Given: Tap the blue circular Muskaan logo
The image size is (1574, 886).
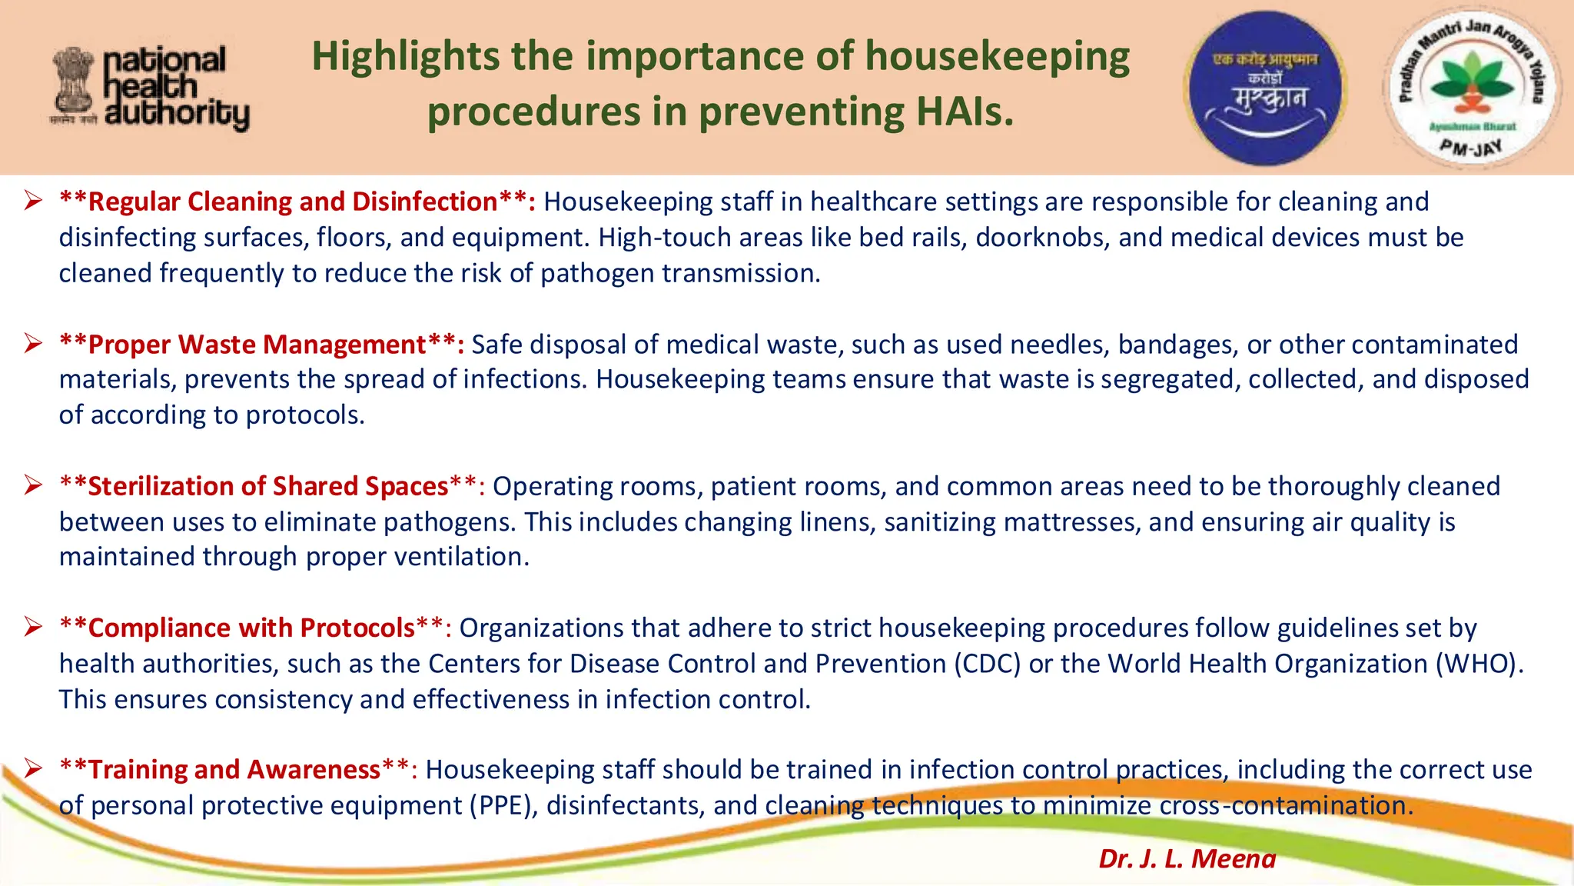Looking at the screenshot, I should point(1264,88).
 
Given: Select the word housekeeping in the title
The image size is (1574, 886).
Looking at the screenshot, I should point(997,56).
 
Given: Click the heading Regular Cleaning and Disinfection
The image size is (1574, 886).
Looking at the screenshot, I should point(293,202).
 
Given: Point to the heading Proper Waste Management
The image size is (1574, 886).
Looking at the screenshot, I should point(257,345).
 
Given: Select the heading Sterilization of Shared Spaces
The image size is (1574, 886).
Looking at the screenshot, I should point(267,486).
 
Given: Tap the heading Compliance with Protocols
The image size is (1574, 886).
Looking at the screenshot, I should point(251,628).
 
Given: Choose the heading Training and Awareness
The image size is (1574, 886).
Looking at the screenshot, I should point(234,769).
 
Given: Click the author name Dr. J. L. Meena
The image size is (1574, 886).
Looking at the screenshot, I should point(1187,858).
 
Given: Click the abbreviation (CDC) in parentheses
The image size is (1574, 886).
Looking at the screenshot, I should point(987,664).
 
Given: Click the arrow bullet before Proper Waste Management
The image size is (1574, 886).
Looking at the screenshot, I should point(32,343).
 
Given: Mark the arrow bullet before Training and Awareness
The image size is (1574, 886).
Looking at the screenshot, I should point(32,768).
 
